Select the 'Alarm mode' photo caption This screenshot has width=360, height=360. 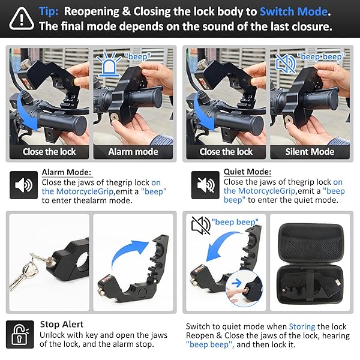(x=133, y=151)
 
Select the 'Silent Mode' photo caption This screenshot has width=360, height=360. (x=310, y=151)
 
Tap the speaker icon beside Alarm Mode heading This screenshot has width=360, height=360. (x=23, y=185)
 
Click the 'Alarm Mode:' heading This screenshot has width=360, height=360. (x=65, y=173)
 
